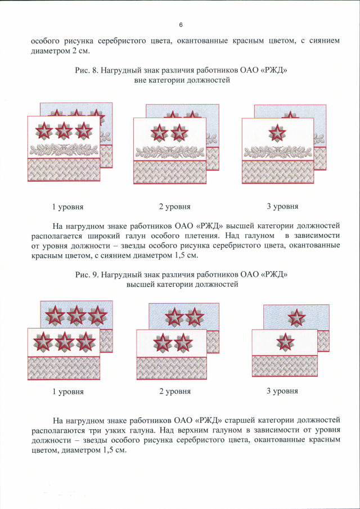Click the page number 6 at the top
tap(181, 25)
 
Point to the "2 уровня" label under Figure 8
tap(174, 206)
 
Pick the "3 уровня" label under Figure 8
tap(282, 206)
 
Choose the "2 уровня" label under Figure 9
tap(174, 391)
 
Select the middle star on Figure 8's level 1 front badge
tap(64, 130)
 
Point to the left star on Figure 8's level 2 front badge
tap(160, 133)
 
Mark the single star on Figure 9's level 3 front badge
tap(281, 342)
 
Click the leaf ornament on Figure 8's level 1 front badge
tap(64, 150)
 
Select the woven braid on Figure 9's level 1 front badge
tap(64, 368)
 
